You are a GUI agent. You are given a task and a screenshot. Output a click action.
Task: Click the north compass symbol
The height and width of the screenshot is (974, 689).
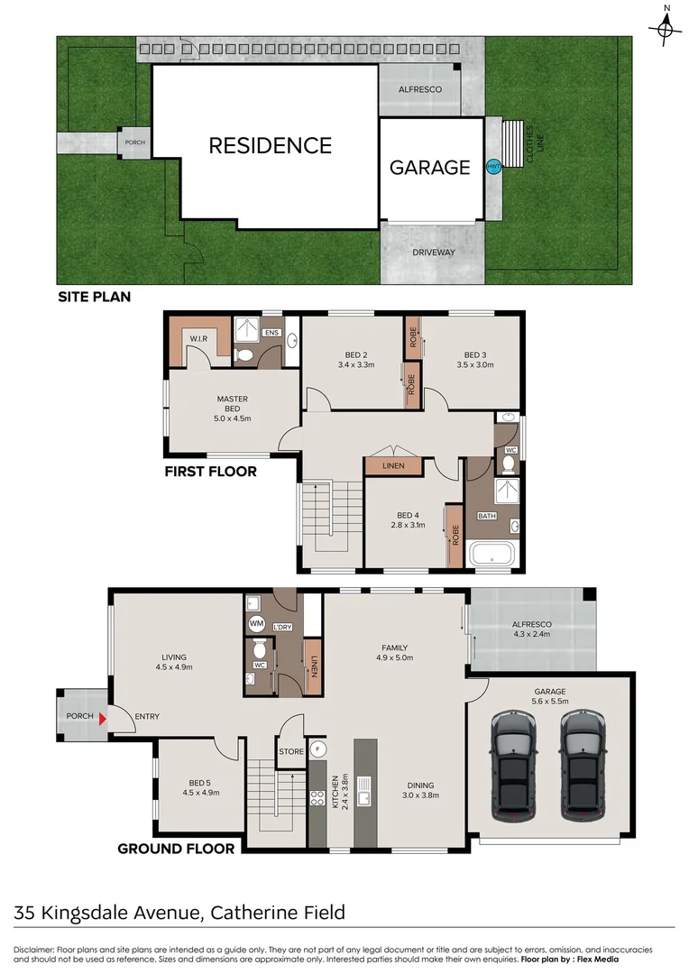[x=666, y=30]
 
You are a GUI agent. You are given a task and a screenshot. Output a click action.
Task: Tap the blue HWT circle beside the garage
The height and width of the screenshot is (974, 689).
[x=493, y=168]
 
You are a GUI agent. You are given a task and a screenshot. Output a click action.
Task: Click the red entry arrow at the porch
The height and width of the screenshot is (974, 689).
[x=104, y=718]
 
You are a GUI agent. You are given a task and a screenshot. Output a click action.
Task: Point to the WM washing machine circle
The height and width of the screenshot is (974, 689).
[x=255, y=623]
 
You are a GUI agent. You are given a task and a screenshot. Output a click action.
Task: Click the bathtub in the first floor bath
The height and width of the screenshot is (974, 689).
[x=493, y=554]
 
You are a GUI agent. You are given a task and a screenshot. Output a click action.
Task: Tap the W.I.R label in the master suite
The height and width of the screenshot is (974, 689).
[x=198, y=338]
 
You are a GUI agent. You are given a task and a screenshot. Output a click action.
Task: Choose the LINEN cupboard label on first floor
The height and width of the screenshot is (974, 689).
[x=394, y=466]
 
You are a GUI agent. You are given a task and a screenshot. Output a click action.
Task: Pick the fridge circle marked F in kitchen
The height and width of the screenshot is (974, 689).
[x=317, y=749]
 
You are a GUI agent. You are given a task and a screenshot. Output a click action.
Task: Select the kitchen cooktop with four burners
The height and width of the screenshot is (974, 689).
[x=317, y=797]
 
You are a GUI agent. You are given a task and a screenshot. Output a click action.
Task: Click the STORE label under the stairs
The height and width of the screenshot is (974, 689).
[x=290, y=751]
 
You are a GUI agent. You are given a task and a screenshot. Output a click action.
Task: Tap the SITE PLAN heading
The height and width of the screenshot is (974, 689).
[x=95, y=296]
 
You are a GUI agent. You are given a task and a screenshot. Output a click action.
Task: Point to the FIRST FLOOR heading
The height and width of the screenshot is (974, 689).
[x=210, y=471]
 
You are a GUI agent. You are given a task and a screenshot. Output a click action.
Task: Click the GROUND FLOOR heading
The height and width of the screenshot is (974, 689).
[x=177, y=848]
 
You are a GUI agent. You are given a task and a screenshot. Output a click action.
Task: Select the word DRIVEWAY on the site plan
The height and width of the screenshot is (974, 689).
[x=434, y=253]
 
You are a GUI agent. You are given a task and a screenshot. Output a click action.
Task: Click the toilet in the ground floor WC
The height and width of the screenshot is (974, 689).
[x=260, y=649]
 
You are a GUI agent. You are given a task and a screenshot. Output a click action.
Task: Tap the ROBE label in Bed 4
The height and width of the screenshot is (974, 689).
[x=455, y=536]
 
